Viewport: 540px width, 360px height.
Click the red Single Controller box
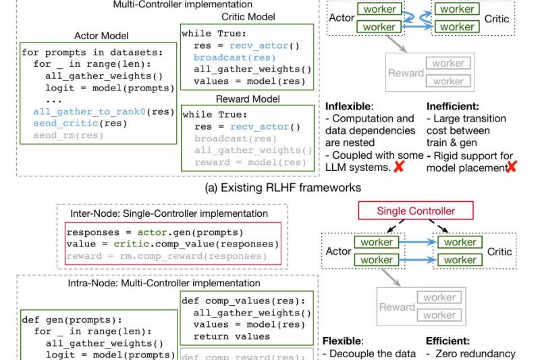[415, 211]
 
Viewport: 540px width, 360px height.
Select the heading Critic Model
[242, 16]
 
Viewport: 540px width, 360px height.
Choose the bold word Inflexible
[348, 107]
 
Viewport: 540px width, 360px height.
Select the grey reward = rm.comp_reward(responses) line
[166, 257]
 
